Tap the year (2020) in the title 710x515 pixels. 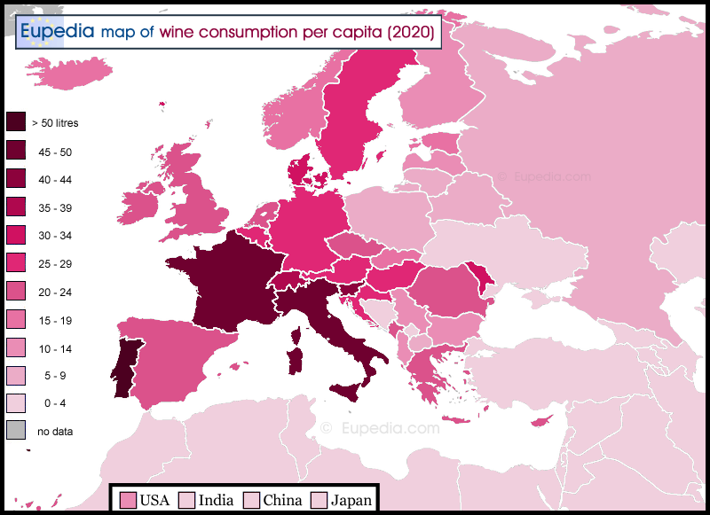410,33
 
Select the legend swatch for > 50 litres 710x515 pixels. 15,122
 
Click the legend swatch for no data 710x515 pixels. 15,432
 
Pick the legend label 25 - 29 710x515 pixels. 55,264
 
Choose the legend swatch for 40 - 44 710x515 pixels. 15,179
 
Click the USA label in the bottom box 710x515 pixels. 155,501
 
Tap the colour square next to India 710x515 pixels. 187,501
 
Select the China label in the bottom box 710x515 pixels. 282,501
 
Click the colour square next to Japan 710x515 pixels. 319,501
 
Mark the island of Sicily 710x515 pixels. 350,391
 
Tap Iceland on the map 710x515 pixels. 67,73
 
